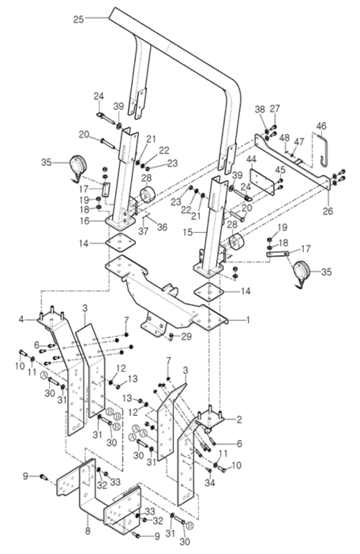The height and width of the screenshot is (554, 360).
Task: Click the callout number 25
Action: click(x=78, y=19)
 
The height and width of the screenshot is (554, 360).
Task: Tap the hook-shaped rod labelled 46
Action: click(x=322, y=150)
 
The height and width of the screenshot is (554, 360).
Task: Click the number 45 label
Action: click(x=281, y=169)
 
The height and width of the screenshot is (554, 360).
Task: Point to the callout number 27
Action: click(x=275, y=108)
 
